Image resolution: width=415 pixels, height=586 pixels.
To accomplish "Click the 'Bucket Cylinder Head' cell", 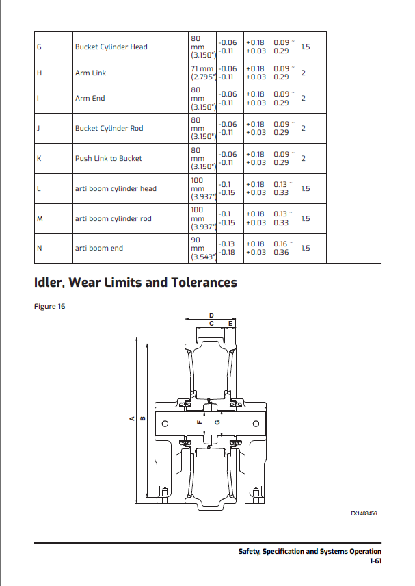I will tap(111, 47).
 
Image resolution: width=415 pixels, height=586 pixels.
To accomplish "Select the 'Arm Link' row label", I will tap(90, 73).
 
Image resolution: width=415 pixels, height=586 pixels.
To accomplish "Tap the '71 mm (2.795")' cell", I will tap(202, 73).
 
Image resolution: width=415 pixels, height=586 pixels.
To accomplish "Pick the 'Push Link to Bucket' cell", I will tap(108, 158).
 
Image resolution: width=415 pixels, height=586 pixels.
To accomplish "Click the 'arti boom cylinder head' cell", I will tap(116, 188).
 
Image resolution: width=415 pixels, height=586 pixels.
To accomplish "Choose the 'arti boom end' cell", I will tap(98, 248).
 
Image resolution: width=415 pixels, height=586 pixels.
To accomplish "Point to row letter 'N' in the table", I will tap(38, 248).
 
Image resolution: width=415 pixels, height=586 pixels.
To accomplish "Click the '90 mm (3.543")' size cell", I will tap(202, 248).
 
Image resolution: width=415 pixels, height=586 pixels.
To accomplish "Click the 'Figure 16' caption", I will tap(49, 306).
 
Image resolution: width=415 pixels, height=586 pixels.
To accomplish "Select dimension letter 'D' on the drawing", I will tap(211, 316).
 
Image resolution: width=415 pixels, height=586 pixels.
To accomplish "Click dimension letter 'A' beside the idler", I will tap(132, 420).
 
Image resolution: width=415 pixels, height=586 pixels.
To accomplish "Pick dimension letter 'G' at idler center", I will tap(217, 422).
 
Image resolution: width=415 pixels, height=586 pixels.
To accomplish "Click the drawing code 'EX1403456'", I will tap(364, 513).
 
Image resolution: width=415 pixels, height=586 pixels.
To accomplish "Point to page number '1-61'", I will tap(374, 561).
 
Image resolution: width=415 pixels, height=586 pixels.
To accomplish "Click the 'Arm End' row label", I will tap(90, 98).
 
